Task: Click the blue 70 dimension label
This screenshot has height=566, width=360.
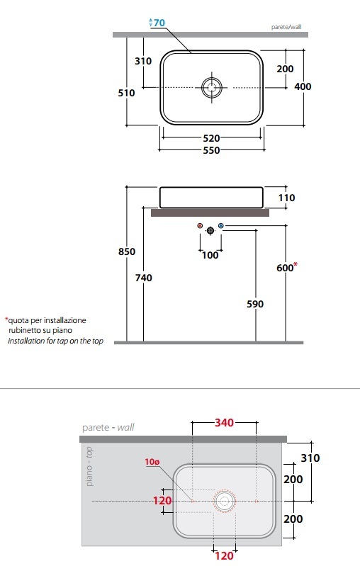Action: (x=159, y=23)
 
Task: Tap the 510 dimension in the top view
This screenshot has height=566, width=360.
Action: (x=126, y=93)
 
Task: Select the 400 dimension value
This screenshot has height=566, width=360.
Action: (x=303, y=86)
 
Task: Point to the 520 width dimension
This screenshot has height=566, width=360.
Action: (x=211, y=138)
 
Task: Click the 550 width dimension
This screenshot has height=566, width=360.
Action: (x=211, y=150)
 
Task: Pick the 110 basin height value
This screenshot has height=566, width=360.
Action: (x=287, y=198)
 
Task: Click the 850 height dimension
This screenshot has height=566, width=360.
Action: (x=127, y=251)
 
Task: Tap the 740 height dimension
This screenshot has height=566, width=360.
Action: (x=143, y=278)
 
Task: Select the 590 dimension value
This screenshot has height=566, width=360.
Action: (x=255, y=304)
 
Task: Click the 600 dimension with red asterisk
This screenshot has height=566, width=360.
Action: (x=287, y=267)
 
